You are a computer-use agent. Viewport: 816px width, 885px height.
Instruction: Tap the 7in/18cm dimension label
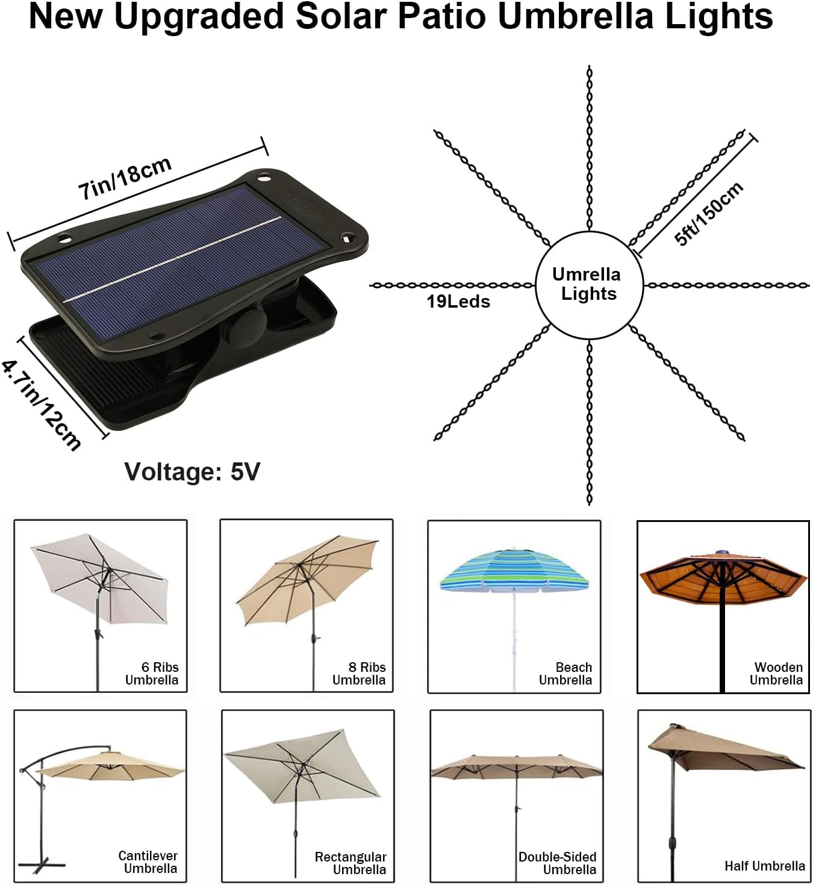[x=125, y=178]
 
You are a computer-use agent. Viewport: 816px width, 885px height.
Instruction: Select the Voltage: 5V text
[x=192, y=471]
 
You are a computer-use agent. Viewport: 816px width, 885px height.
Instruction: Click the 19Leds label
[x=458, y=302]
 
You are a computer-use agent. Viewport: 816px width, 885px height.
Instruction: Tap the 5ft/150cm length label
[x=708, y=213]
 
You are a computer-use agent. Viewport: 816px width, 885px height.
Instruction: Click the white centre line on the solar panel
[x=173, y=259]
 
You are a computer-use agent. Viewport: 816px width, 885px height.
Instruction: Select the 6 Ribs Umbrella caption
[x=152, y=673]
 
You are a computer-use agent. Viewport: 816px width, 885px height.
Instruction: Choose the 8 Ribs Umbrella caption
[x=359, y=673]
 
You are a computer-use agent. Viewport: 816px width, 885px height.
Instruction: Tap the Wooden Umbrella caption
[x=776, y=673]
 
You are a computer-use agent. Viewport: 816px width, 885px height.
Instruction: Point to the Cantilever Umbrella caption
[x=149, y=862]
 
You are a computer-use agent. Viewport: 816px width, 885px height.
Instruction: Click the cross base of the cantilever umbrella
[x=42, y=866]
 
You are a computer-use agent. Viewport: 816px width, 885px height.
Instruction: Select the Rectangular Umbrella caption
[x=350, y=863]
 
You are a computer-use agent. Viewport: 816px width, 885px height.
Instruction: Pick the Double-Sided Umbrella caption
[x=558, y=863]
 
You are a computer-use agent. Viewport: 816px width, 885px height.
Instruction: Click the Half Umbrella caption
[x=765, y=866]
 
